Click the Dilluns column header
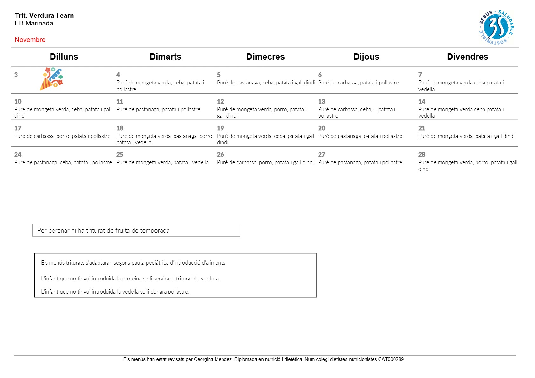(64, 57)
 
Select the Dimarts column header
(165, 57)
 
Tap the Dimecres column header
(265, 57)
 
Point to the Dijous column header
(366, 57)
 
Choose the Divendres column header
(467, 57)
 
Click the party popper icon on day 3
(51, 78)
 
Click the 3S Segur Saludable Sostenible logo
(496, 27)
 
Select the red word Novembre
(30, 40)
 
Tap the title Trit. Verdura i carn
(44, 16)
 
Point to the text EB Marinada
(34, 23)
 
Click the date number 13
(322, 101)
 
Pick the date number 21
(422, 128)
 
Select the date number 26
(221, 154)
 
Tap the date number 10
(18, 101)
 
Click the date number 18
(120, 128)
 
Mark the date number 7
(420, 75)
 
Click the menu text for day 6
(358, 83)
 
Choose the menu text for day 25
(162, 162)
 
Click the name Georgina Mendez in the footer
(213, 359)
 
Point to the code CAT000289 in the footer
(391, 359)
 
